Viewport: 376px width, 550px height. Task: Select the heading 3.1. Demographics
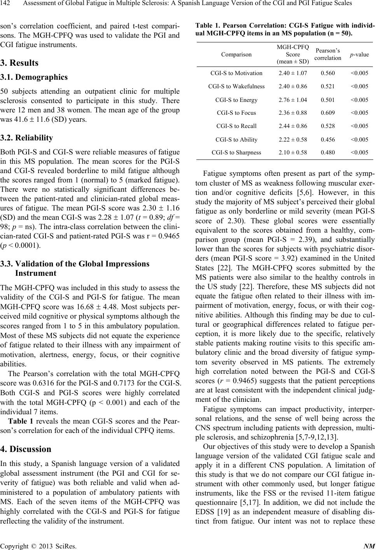(x=34, y=77)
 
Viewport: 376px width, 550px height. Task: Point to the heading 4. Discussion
(x=26, y=449)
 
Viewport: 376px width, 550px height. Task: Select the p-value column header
(x=359, y=55)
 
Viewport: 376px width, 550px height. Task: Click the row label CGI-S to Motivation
(x=236, y=73)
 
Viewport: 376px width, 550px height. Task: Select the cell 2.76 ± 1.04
(x=293, y=100)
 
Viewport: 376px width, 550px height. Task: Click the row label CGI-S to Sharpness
(x=236, y=152)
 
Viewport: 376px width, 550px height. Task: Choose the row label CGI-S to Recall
(x=236, y=126)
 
